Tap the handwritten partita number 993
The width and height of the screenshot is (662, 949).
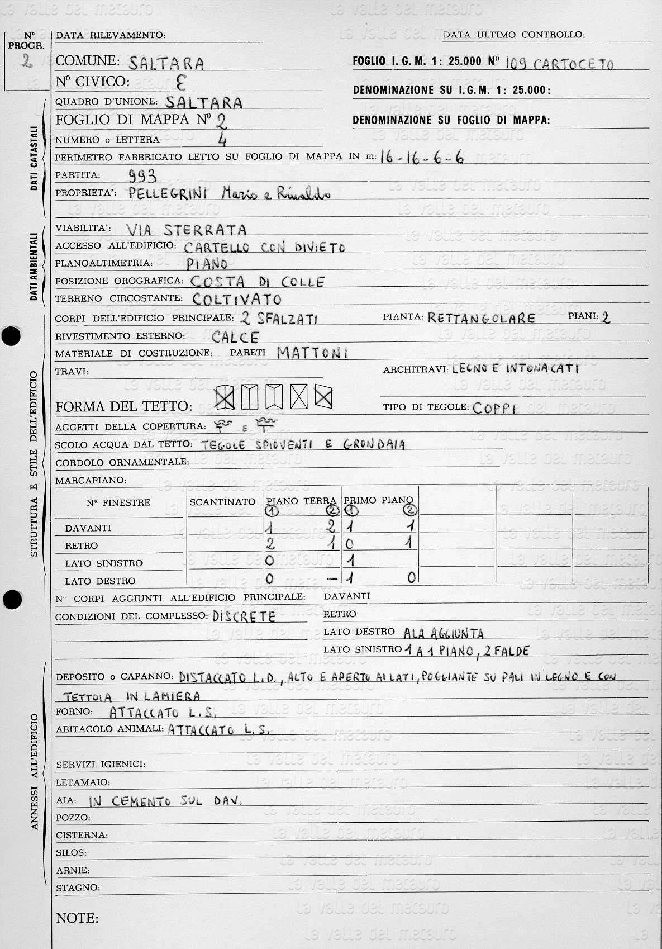tap(142, 177)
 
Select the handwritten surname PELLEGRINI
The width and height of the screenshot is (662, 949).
tap(168, 194)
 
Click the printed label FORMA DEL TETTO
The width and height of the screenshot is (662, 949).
tap(123, 406)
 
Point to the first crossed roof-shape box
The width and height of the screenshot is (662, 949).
tap(225, 397)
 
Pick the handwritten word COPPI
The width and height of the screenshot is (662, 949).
tap(493, 408)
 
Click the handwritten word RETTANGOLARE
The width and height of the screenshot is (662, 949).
tap(481, 319)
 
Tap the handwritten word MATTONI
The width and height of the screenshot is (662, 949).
tap(312, 353)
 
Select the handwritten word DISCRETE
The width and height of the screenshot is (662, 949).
tap(244, 617)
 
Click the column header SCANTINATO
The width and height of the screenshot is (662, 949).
tap(222, 502)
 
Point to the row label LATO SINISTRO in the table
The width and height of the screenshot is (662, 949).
tap(103, 563)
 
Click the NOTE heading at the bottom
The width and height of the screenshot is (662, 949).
tap(77, 918)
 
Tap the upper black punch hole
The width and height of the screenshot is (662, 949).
tap(11, 336)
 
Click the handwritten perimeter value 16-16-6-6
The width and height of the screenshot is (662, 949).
tap(422, 157)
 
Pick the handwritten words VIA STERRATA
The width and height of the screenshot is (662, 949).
tap(187, 230)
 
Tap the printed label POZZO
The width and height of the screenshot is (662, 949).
tap(73, 818)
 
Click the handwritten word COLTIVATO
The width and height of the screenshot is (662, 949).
tap(237, 299)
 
